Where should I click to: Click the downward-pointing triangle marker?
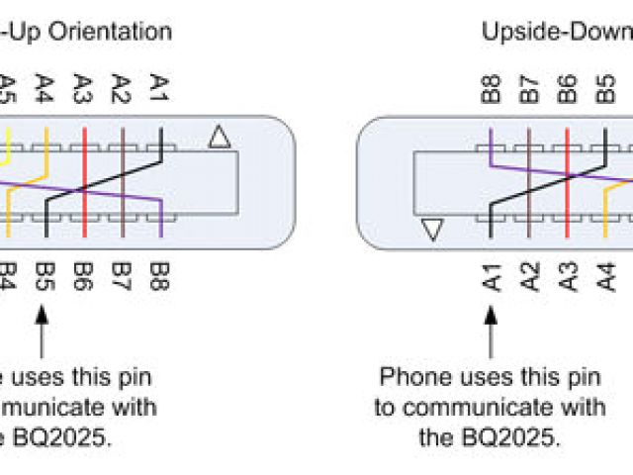(x=432, y=230)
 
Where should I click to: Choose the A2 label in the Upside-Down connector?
(x=529, y=274)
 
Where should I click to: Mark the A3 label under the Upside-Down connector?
(x=567, y=274)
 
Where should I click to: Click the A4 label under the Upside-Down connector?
(x=604, y=274)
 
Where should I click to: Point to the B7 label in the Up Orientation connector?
(x=123, y=274)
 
